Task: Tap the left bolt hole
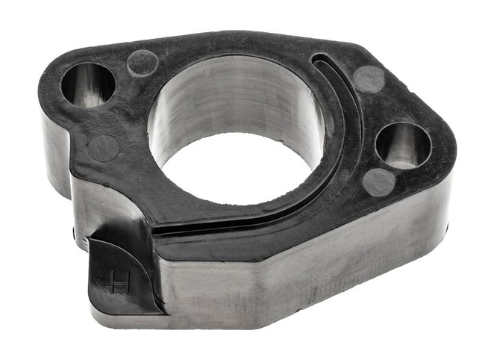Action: coord(87,84)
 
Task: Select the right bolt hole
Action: coord(403,144)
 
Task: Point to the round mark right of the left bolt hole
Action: coord(142,63)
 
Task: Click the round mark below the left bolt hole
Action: coord(103,148)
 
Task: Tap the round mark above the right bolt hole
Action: coord(369,78)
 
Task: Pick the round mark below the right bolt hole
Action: coord(380,181)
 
